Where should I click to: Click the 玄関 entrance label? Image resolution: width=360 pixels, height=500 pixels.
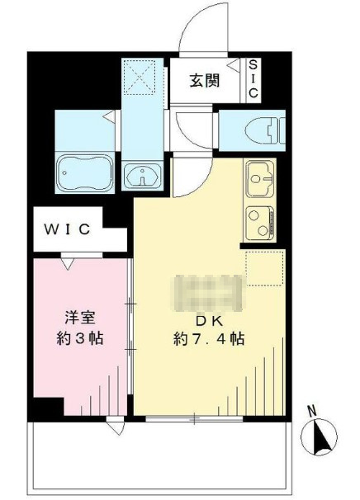(205, 80)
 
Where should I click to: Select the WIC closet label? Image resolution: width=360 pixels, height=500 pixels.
(67, 229)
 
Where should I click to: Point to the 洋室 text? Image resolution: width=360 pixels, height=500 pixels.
(80, 318)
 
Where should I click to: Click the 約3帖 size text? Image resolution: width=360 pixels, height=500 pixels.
(80, 338)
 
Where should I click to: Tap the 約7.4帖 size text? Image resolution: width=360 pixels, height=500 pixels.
(209, 339)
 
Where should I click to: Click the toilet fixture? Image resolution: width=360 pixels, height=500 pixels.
(266, 130)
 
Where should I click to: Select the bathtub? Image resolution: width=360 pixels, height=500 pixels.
(85, 172)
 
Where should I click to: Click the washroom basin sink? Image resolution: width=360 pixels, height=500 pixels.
(142, 176)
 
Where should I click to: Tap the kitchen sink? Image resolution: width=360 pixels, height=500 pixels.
(260, 179)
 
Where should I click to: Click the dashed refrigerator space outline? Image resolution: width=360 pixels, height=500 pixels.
(264, 268)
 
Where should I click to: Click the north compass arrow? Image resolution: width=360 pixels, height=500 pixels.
(320, 436)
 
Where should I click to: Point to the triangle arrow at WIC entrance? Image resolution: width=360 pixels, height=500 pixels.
(68, 264)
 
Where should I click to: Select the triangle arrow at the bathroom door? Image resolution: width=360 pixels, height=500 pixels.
(110, 116)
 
